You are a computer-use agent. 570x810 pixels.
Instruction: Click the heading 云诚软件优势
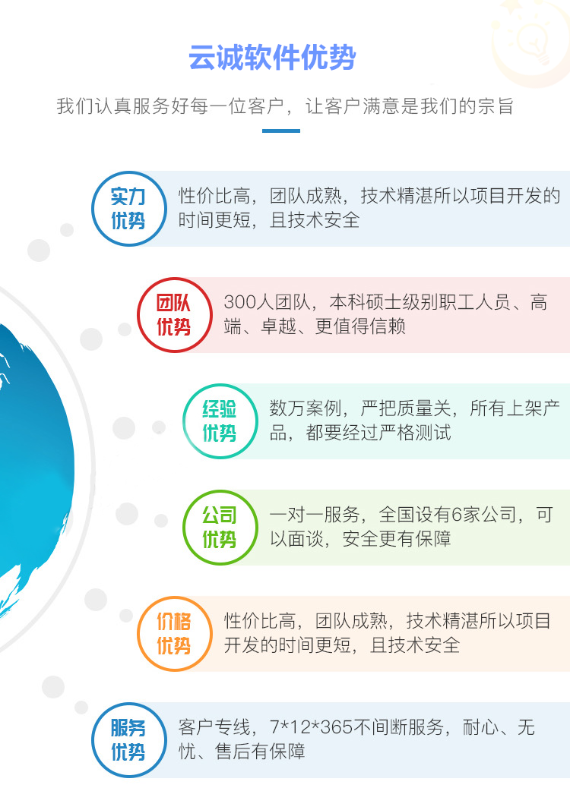(272, 58)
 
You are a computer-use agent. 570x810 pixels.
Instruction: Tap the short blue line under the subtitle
(280, 131)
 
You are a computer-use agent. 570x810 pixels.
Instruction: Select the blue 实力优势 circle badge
(128, 209)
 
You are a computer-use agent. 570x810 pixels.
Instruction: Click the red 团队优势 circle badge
(174, 315)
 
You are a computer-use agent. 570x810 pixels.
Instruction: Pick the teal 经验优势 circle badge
(220, 421)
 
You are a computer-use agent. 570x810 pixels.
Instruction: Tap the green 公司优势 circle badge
(220, 528)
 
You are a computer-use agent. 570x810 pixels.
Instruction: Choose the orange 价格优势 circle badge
(174, 634)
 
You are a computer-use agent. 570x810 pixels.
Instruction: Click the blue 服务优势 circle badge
(128, 740)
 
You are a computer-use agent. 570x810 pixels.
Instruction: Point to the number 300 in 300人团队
(239, 302)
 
